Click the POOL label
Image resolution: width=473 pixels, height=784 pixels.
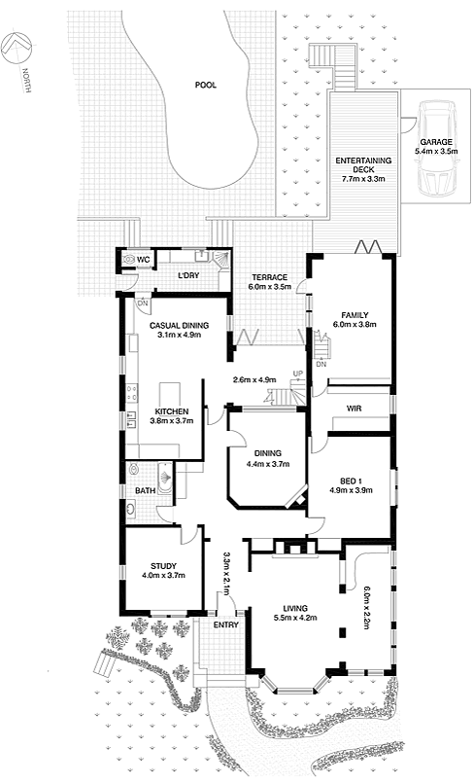(x=205, y=85)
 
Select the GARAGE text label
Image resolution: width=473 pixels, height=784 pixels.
(x=436, y=142)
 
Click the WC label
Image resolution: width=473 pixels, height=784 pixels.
(x=144, y=260)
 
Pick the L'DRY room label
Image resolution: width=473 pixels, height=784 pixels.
(x=189, y=275)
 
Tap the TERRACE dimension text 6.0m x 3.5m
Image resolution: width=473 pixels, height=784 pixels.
(x=270, y=287)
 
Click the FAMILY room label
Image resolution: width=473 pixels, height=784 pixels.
(x=355, y=315)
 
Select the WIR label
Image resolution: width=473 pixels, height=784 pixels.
(x=354, y=409)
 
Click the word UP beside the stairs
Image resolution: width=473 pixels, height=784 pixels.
(x=297, y=374)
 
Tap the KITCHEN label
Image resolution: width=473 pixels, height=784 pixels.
(x=172, y=411)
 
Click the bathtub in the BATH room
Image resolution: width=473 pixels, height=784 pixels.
(x=165, y=478)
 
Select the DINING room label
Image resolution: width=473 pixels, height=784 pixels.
(x=268, y=453)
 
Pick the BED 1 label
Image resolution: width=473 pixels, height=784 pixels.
(x=351, y=481)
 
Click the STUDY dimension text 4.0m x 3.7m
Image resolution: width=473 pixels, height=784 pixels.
(x=164, y=576)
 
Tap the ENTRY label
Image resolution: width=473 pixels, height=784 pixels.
(x=225, y=625)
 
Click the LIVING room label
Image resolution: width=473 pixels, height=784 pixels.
(x=295, y=609)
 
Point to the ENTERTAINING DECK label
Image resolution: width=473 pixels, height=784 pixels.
(x=363, y=165)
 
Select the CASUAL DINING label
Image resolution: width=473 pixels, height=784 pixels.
(x=180, y=326)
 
